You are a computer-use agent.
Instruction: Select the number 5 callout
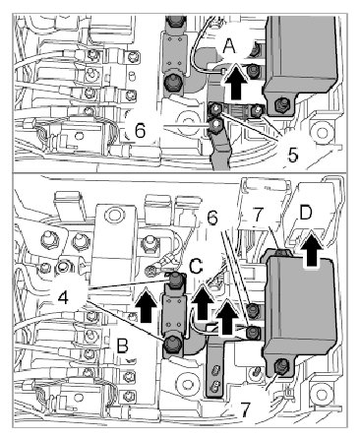(x=293, y=155)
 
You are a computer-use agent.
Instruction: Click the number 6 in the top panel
(x=140, y=131)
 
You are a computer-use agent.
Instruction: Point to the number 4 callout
(x=64, y=297)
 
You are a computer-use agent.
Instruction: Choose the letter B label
(x=123, y=345)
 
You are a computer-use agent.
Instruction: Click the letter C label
(x=196, y=267)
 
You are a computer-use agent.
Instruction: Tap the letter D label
(x=306, y=215)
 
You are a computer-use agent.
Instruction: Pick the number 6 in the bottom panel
(x=212, y=218)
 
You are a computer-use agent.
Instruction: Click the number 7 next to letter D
(x=259, y=216)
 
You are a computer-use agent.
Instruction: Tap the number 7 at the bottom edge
(x=244, y=409)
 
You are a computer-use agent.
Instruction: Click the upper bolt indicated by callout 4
(x=175, y=280)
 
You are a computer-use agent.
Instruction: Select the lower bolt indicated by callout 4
(x=171, y=344)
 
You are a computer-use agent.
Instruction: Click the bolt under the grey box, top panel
(x=279, y=104)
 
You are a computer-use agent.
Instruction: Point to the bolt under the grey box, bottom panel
(x=279, y=365)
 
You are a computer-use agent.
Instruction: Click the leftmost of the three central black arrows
(x=147, y=305)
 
